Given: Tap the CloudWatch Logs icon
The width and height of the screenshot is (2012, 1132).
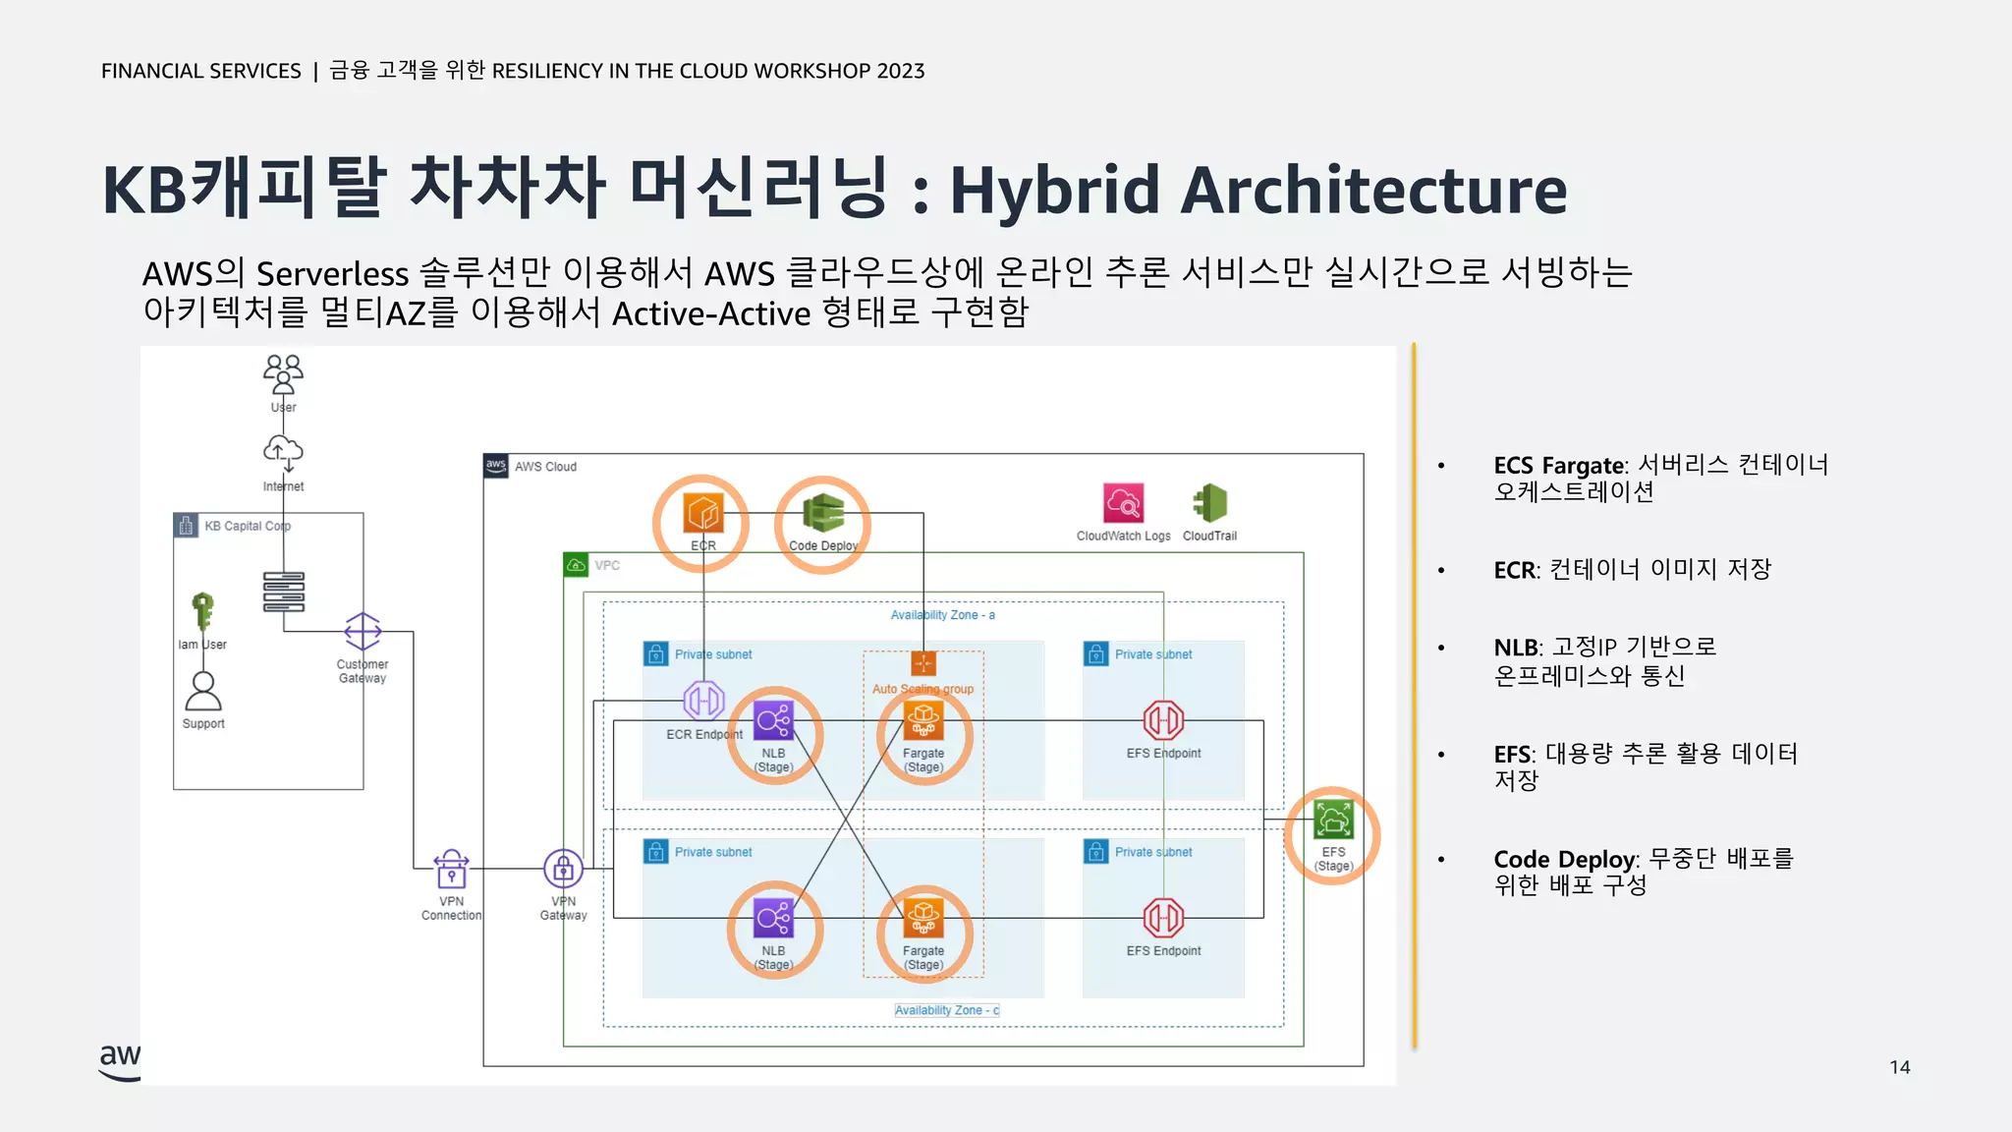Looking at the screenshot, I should click(x=1123, y=503).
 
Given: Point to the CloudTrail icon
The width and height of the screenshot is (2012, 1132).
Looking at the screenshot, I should click(x=1209, y=503).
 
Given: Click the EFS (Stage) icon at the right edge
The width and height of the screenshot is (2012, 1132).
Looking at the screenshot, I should click(x=1333, y=819).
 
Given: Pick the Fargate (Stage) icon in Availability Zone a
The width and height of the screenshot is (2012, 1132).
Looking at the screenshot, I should click(x=923, y=720).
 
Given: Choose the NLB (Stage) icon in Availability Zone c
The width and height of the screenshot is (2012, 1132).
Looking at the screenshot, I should click(x=773, y=918).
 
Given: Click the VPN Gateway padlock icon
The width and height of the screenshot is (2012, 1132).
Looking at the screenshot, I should click(x=563, y=869).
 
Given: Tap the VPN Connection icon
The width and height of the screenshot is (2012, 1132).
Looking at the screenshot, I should click(x=451, y=869).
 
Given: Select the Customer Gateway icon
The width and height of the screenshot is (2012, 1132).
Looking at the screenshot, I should click(x=363, y=631).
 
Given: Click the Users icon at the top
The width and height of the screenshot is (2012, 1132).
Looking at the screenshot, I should click(x=283, y=374).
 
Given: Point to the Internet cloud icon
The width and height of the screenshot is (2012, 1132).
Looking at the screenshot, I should click(x=283, y=452).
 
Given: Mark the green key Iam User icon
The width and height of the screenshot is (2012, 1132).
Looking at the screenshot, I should click(x=202, y=610).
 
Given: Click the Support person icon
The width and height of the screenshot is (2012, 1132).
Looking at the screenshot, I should click(x=203, y=691).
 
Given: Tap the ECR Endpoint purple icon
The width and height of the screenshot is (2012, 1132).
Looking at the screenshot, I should click(x=703, y=701).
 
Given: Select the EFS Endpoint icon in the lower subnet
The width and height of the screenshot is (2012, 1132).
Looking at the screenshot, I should click(x=1163, y=918).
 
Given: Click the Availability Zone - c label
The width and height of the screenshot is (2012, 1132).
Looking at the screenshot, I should click(x=947, y=1010).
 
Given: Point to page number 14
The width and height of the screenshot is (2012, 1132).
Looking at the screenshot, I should click(x=1899, y=1067).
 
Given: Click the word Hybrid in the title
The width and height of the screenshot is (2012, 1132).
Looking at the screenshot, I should click(x=1057, y=191).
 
